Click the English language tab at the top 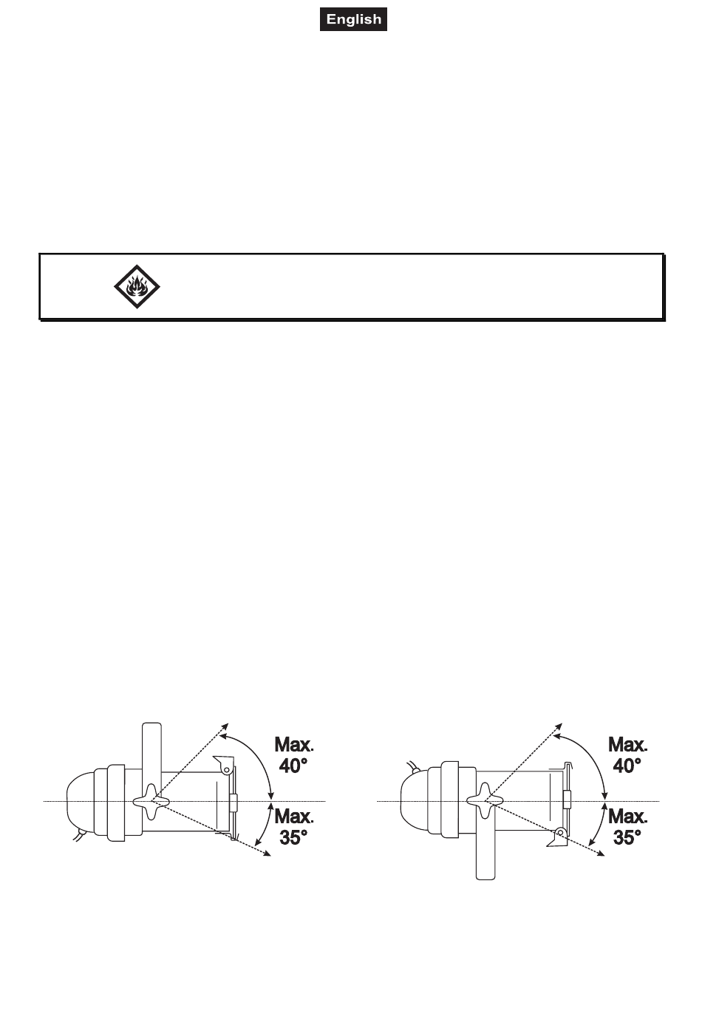(353, 19)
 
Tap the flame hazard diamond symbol (137, 286)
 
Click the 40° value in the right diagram (627, 766)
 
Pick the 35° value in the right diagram (627, 837)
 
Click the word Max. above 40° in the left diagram (294, 745)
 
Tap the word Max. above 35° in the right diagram (627, 816)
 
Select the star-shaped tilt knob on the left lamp (151, 800)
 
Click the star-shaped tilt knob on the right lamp (485, 800)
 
